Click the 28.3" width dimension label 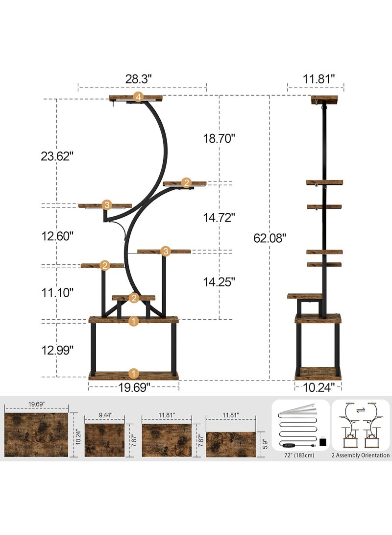click(x=138, y=79)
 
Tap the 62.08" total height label click(x=269, y=238)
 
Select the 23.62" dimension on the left click(x=57, y=156)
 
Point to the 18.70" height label click(x=219, y=138)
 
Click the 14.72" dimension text click(x=219, y=217)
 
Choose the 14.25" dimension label click(x=219, y=282)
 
